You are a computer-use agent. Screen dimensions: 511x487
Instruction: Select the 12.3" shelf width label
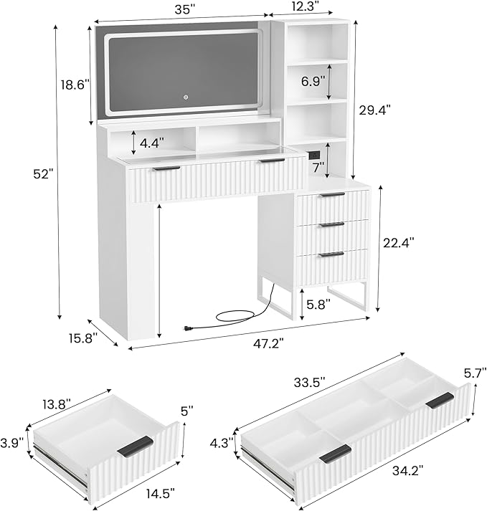(312, 6)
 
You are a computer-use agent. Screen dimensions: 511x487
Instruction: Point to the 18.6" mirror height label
(75, 85)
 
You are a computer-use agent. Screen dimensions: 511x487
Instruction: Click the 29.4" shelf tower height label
(375, 109)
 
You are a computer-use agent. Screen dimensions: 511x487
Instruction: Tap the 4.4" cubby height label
(151, 143)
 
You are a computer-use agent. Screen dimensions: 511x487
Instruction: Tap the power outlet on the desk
(313, 154)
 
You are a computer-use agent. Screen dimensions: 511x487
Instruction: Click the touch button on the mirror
(184, 97)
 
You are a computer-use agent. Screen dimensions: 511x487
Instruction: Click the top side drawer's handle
(331, 194)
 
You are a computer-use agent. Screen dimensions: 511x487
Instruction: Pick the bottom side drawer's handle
(331, 254)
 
